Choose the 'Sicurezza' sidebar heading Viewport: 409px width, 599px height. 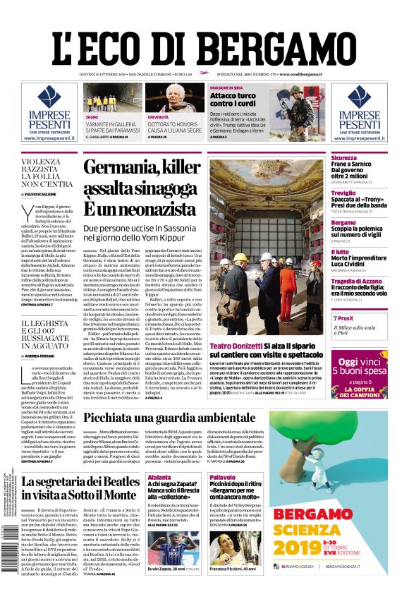click(x=345, y=158)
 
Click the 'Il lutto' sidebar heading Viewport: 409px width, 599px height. click(x=341, y=251)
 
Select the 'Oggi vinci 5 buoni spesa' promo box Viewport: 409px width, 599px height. click(x=359, y=374)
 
